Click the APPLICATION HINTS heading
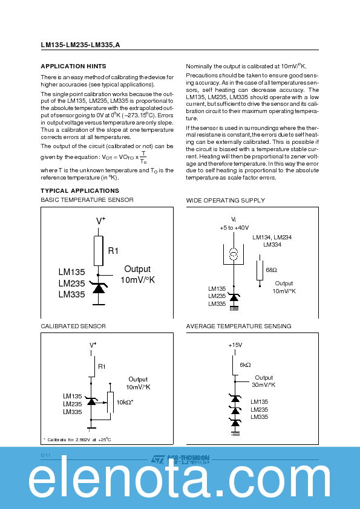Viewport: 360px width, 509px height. [x=73, y=66]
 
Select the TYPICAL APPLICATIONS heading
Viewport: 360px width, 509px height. [x=79, y=190]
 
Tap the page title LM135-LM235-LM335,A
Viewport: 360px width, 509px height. [x=80, y=44]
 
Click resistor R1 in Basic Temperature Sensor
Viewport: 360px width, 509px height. [x=98, y=250]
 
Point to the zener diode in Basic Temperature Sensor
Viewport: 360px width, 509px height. [x=98, y=287]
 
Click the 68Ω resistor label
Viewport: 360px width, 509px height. [x=271, y=270]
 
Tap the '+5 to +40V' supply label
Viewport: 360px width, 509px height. [x=234, y=228]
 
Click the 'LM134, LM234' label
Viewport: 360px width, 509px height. [x=272, y=238]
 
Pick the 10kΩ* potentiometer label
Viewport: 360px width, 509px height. [x=125, y=402]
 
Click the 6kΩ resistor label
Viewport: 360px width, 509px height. [x=245, y=365]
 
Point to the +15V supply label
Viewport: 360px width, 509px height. [x=235, y=345]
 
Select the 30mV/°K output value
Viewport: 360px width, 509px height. [x=263, y=384]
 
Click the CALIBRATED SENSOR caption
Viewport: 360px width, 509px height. [x=73, y=326]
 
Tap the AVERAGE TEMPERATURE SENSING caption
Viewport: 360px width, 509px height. [x=238, y=326]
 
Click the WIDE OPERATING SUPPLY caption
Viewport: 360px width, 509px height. [x=225, y=200]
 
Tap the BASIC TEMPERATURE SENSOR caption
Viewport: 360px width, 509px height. [x=87, y=200]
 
